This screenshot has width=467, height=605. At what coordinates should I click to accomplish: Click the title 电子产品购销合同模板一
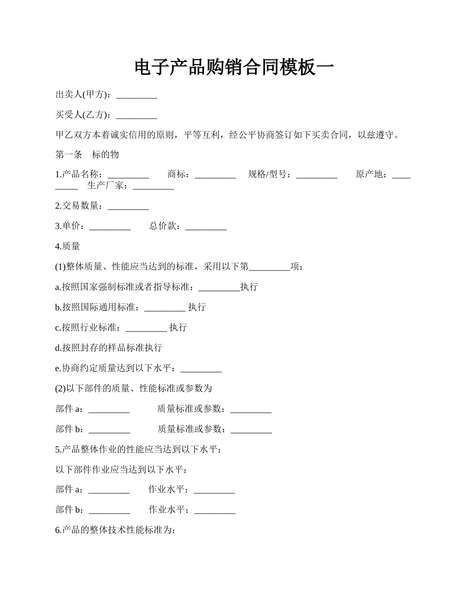coord(233,67)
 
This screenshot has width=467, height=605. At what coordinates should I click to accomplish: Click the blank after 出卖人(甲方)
coord(137,96)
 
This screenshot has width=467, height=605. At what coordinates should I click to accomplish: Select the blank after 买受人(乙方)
coord(137,116)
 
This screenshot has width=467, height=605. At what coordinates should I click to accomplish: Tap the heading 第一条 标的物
coord(87,154)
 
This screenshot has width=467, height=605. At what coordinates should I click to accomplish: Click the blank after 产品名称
coord(128,175)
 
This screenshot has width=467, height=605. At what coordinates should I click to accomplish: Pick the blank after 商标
coord(215,175)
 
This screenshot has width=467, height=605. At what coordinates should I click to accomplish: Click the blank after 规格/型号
coord(317,175)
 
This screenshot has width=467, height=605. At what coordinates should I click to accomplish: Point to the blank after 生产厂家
coord(153,186)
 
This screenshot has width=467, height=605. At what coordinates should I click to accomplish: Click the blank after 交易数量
coord(128,207)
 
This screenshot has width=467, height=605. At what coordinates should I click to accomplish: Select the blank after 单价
coord(110,227)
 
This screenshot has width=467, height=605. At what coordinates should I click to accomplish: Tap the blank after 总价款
coord(206,227)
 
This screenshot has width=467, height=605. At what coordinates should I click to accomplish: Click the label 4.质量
coord(68,246)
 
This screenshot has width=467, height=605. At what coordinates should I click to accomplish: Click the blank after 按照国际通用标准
coord(165,308)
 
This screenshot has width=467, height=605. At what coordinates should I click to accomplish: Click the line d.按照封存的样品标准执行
coord(109,348)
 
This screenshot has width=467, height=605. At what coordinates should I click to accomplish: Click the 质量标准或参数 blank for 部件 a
coord(251,409)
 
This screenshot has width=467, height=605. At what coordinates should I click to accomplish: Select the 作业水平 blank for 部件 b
coord(215,511)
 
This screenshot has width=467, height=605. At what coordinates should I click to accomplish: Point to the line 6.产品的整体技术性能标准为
coord(116,530)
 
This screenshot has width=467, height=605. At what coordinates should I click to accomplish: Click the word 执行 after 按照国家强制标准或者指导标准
coord(249,287)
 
